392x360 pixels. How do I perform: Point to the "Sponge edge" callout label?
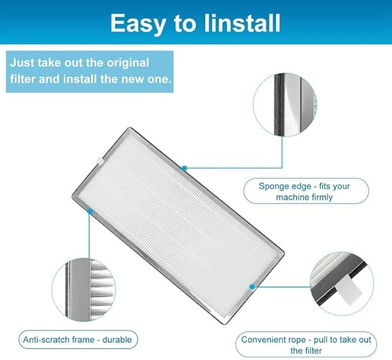coord(305,191)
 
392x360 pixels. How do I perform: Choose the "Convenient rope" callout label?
coord(306,345)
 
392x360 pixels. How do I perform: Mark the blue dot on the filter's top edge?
coord(185,168)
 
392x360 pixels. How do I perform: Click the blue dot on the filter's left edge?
coord(89,212)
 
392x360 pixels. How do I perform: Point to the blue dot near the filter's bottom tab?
coord(252,285)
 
